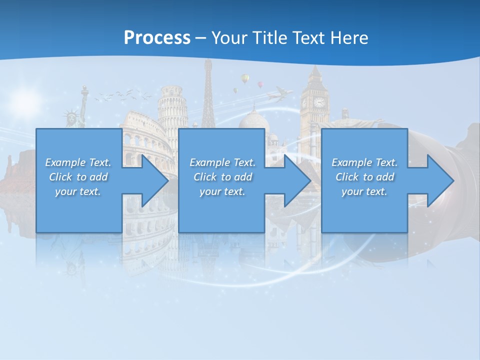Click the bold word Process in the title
(x=157, y=37)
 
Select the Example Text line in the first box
(x=78, y=162)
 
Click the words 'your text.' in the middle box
(x=222, y=191)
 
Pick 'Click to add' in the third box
(x=365, y=177)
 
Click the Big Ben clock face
(x=318, y=102)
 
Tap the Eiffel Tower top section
(x=208, y=80)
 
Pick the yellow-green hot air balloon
(x=244, y=78)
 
